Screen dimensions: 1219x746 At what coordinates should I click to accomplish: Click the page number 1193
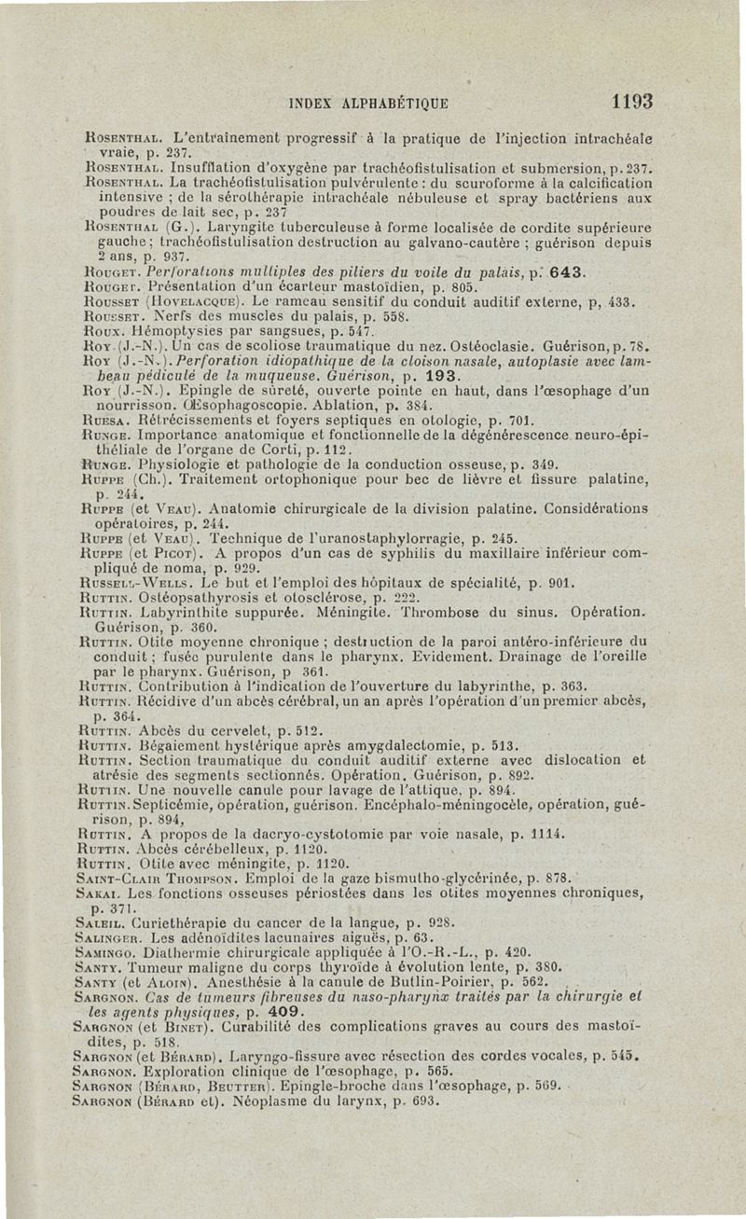click(626, 100)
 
